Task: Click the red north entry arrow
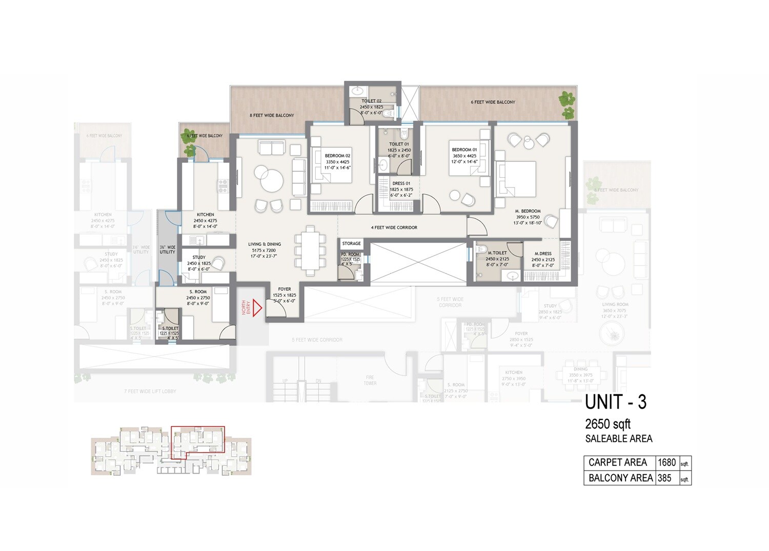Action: (257, 308)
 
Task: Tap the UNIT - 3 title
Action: (615, 402)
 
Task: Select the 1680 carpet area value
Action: (666, 462)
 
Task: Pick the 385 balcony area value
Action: (664, 478)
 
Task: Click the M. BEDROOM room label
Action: (528, 211)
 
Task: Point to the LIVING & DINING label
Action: (265, 244)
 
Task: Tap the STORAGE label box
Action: (351, 244)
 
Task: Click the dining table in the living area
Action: (310, 250)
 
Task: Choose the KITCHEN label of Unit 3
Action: (205, 215)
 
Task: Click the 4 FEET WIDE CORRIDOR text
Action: (394, 227)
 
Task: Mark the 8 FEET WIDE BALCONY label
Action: (272, 115)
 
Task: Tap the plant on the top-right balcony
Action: (566, 99)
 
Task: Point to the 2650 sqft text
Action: (608, 424)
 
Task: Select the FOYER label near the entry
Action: (284, 289)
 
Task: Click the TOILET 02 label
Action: (371, 101)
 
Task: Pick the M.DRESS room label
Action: (543, 253)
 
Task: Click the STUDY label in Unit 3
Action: (199, 257)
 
